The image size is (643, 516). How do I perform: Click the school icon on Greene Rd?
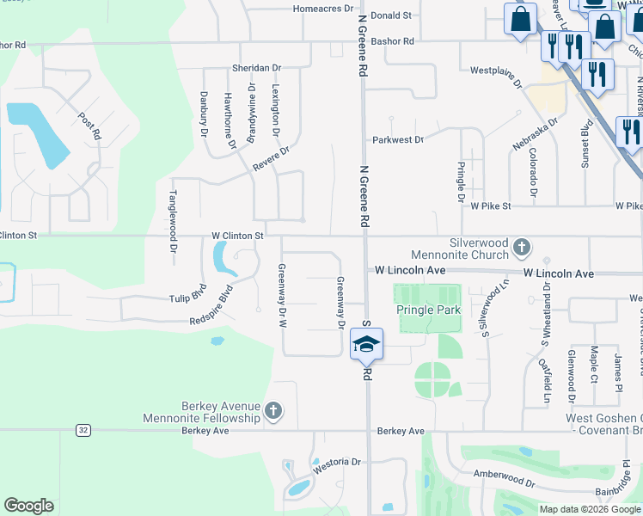366,345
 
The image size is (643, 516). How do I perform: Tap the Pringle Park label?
429,310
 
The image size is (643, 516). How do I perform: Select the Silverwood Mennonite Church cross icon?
521,249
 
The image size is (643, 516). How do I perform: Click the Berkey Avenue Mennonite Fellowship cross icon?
273,410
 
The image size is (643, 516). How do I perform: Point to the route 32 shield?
83,430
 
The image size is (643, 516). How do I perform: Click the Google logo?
28,506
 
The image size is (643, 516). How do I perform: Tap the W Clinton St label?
236,235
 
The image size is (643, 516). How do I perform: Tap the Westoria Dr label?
336,463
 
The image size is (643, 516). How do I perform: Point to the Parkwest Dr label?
397,139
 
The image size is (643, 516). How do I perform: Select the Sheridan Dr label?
256,67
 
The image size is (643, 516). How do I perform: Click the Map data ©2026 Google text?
590,509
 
